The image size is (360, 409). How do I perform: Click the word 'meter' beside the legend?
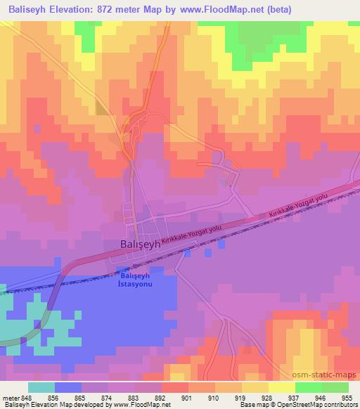11,397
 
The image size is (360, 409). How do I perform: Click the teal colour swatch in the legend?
41,387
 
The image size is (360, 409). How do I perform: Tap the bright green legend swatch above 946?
308,387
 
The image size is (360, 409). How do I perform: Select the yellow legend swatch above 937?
282,387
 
